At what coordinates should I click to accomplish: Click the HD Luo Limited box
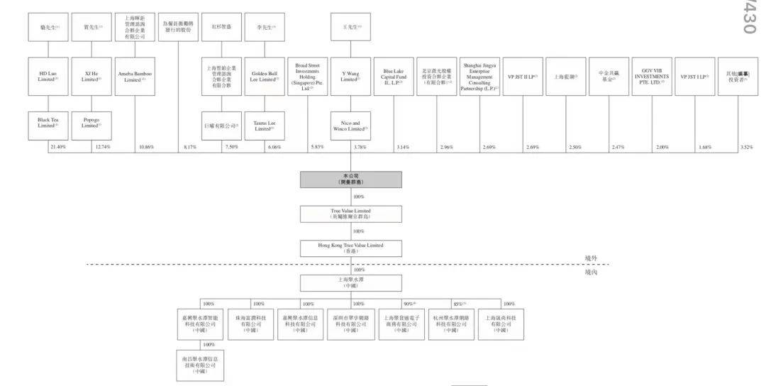pyautogui.click(x=48, y=77)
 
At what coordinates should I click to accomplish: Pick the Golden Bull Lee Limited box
pyautogui.click(x=265, y=77)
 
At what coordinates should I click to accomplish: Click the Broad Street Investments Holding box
pyautogui.click(x=308, y=77)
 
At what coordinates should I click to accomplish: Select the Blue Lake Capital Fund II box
pyautogui.click(x=394, y=77)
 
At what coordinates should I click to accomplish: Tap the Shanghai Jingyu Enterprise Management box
pyautogui.click(x=480, y=77)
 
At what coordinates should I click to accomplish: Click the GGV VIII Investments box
pyautogui.click(x=650, y=77)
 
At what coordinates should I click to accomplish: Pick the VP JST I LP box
pyautogui.click(x=694, y=77)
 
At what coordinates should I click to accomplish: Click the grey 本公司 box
pyautogui.click(x=350, y=180)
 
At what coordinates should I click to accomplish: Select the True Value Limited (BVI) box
pyautogui.click(x=350, y=214)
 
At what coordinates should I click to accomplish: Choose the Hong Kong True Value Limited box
pyautogui.click(x=350, y=248)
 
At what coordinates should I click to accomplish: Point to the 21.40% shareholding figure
pyautogui.click(x=58, y=147)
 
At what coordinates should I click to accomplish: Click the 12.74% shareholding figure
pyautogui.click(x=101, y=147)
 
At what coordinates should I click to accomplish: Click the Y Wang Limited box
pyautogui.click(x=351, y=77)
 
